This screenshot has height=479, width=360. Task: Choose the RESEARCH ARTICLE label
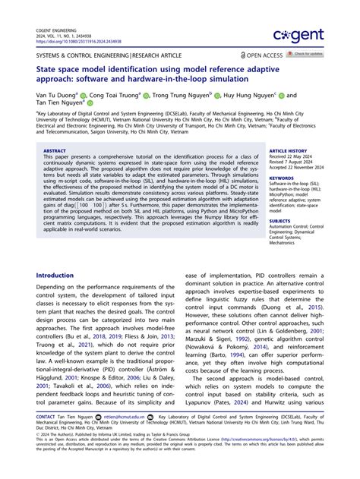tap(155, 55)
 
